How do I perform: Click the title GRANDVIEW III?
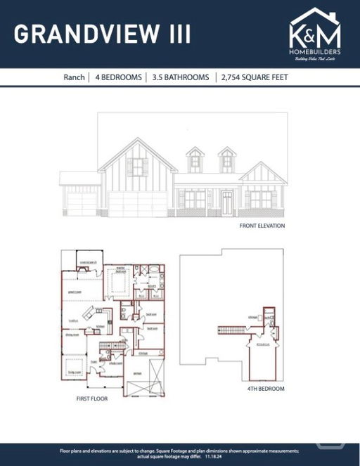coord(102,33)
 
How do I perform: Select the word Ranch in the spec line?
coord(74,77)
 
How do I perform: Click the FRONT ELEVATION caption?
coord(262,226)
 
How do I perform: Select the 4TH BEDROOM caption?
coord(265,389)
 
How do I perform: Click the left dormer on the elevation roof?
coord(195,161)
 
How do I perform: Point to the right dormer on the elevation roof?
coord(226,161)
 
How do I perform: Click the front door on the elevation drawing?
coord(227,202)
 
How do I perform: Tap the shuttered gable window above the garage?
coord(138,167)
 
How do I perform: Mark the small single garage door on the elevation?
coord(82,203)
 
